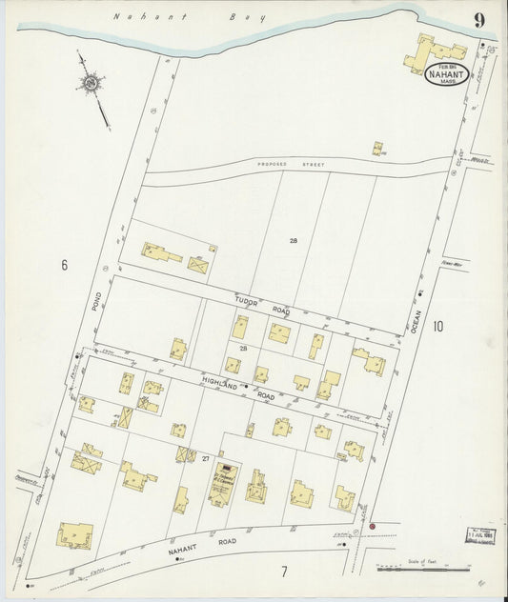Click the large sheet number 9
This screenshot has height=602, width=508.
click(x=478, y=19)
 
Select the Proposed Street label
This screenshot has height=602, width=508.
click(x=290, y=165)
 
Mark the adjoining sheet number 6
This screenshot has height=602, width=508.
click(x=65, y=265)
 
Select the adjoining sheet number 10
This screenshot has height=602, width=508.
click(x=437, y=327)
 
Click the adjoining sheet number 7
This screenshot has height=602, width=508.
click(x=283, y=572)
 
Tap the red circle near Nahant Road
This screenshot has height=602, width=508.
click(x=373, y=526)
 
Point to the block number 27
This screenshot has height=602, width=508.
click(x=205, y=459)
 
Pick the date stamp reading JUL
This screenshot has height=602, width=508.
click(x=480, y=537)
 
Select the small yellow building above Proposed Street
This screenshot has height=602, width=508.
click(x=377, y=148)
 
